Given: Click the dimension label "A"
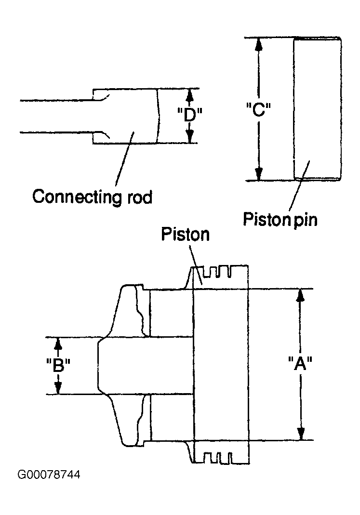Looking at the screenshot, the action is coord(300,364).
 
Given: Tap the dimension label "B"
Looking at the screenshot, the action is coord(58,365).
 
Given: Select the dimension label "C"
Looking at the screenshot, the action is coord(258,109).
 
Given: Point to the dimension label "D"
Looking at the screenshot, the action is coord(189,115).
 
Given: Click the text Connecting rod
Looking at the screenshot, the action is coord(93,197).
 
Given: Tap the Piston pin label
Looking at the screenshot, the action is coord(280,219).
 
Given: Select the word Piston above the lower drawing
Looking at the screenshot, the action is coord(185,234).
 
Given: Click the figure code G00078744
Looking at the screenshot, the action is coord(49,475).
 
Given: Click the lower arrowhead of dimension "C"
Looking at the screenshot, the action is coord(259,174).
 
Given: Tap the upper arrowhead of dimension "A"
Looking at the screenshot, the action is coord(300,295).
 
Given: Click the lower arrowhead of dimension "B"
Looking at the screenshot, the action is coord(58,388).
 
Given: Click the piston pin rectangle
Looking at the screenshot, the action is coord(317,109).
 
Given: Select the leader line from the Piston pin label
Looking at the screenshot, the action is coord(299,185).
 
